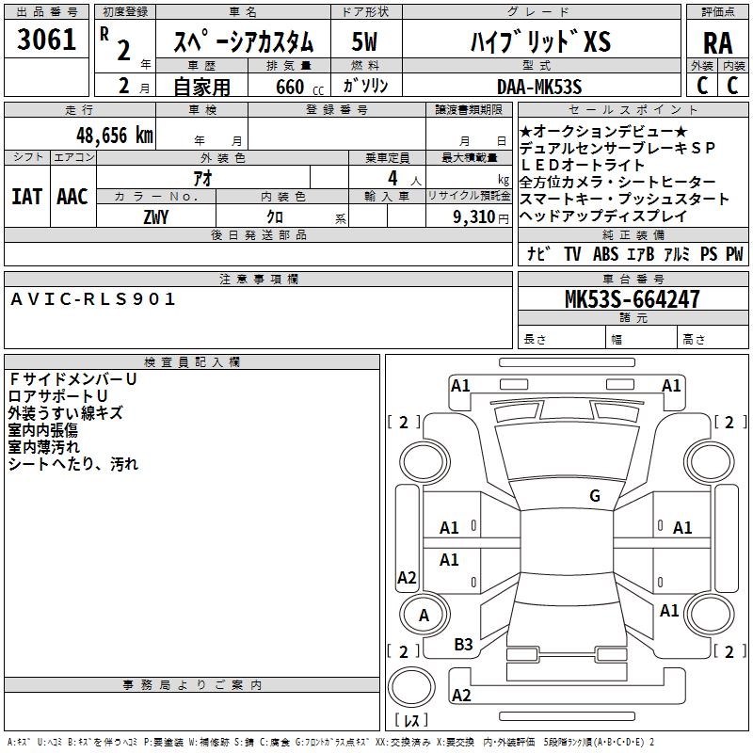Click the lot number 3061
pos(46,40)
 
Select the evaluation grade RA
pos(717,42)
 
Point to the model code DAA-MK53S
pos(539,87)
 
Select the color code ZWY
pos(155,216)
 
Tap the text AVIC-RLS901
pos(94,299)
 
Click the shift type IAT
pos(26,196)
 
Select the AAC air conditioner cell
pos(72,196)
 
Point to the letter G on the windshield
pos(594,496)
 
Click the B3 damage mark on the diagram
pos(463,644)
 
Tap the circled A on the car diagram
pos(424,616)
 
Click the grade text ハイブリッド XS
pos(539,42)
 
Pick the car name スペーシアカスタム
pos(243,42)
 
